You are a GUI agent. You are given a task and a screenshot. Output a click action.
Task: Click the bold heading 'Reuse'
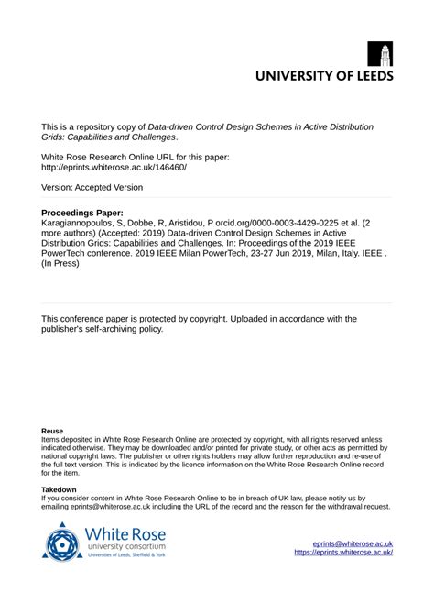[x=52, y=430]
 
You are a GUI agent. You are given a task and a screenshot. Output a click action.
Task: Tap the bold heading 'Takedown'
[x=60, y=490]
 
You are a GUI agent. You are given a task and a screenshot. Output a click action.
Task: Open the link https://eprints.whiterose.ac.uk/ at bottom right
[x=343, y=553]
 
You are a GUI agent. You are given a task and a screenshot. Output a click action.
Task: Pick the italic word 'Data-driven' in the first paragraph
[x=226, y=126]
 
